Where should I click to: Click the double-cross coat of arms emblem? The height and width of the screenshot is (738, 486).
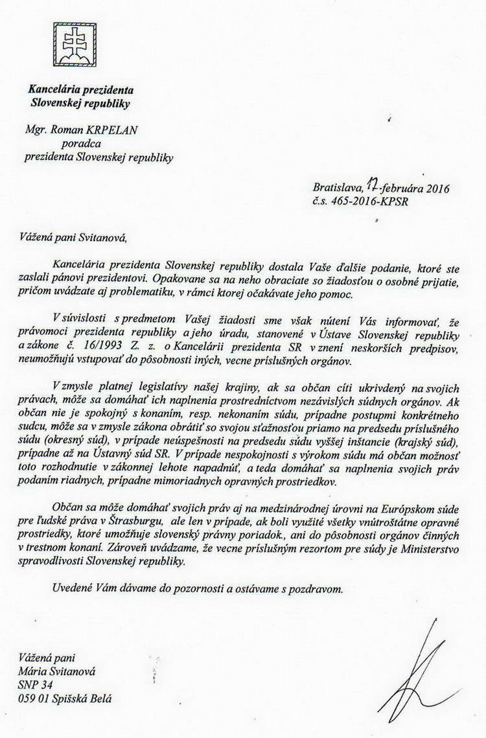click(75, 44)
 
